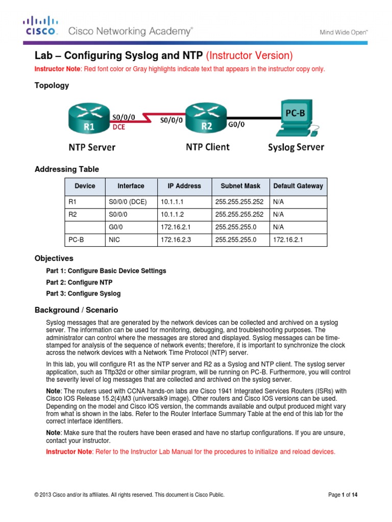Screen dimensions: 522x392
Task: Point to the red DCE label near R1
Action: pyautogui.click(x=119, y=128)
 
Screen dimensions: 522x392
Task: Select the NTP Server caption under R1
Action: pyautogui.click(x=92, y=147)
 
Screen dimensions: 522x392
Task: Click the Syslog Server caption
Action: pyautogui.click(x=296, y=147)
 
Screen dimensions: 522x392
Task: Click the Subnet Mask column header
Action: pyautogui.click(x=240, y=186)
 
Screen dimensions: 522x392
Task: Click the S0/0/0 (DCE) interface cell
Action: pyautogui.click(x=128, y=202)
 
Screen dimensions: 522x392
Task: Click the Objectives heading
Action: pyautogui.click(x=54, y=258)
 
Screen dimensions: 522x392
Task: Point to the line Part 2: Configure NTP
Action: pyautogui.click(x=79, y=282)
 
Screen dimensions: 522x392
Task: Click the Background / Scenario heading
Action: pyautogui.click(x=76, y=309)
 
